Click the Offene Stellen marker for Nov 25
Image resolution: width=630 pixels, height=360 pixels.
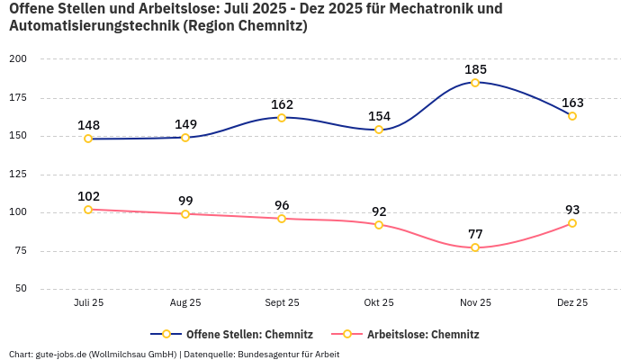[x=475, y=83]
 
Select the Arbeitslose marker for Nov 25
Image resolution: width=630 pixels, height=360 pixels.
[x=475, y=247]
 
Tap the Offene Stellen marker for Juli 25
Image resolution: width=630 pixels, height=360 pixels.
[x=88, y=139]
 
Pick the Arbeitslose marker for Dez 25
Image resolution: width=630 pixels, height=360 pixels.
[x=572, y=223]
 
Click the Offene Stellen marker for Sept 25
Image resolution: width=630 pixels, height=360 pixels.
[x=282, y=118]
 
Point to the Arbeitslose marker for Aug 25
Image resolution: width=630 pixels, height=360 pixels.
[x=185, y=214]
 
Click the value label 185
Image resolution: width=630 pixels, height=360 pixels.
[x=475, y=69]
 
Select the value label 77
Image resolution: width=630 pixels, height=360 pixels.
[x=475, y=234]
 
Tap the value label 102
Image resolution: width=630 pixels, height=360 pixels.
[x=88, y=196]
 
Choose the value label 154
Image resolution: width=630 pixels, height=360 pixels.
[x=379, y=116]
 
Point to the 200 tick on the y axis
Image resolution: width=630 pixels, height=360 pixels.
[x=18, y=58]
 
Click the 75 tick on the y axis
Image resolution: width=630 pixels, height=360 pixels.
[x=21, y=251]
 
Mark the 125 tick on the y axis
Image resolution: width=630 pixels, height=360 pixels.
[x=18, y=175]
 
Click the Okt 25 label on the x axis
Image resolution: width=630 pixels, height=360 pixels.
[x=379, y=303]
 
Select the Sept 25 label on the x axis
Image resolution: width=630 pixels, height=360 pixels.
[x=282, y=303]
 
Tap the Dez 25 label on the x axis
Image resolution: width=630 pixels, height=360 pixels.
[x=572, y=303]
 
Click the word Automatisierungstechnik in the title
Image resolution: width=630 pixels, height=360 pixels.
[x=92, y=26]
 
